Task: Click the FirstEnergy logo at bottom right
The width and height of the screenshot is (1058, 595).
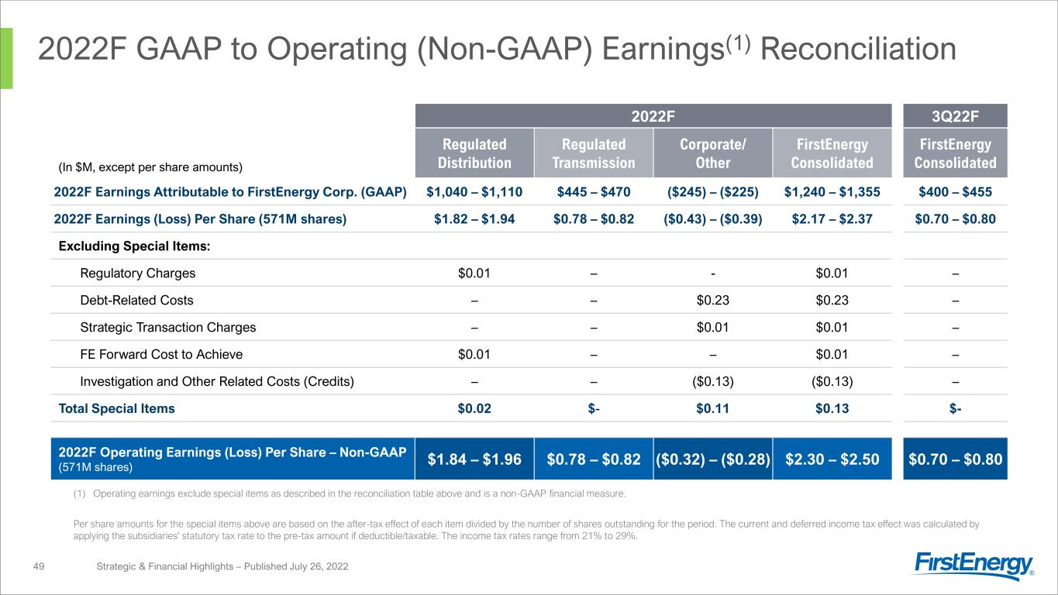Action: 974,566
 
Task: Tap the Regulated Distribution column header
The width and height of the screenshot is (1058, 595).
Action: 475,153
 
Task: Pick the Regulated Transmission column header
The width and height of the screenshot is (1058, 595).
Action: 594,153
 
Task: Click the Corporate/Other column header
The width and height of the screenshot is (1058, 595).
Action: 713,153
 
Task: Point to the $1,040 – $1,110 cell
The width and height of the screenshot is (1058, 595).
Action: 475,191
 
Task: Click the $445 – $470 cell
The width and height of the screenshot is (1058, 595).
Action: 594,191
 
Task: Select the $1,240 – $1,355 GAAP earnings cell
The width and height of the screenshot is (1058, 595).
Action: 832,191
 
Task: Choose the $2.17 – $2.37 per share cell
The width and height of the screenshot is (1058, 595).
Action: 832,219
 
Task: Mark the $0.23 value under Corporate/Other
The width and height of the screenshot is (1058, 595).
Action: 713,300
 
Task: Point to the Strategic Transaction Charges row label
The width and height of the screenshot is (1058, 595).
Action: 167,327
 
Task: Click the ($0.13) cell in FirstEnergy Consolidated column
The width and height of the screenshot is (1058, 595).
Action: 832,381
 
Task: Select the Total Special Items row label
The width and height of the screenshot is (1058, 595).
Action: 115,408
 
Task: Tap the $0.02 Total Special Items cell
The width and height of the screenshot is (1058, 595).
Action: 475,408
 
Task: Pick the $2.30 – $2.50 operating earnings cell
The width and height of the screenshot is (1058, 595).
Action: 832,459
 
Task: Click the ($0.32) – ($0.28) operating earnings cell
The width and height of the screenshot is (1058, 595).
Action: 713,459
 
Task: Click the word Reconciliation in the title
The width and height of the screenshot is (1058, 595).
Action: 860,50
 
